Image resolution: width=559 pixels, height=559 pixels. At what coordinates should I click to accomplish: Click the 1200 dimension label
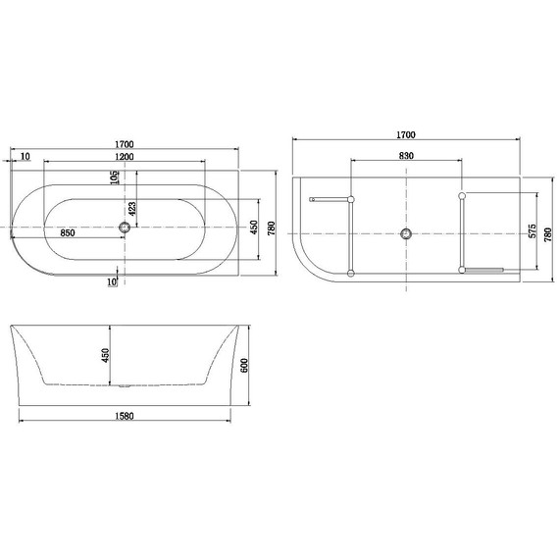[x=123, y=157]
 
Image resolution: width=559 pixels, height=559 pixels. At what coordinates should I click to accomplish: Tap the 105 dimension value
[x=116, y=178]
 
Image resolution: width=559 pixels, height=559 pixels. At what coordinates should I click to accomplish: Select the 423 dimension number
[x=130, y=208]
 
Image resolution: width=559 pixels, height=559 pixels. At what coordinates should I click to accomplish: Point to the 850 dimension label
[x=69, y=233]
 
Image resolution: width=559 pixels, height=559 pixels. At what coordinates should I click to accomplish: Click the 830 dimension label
[x=406, y=157]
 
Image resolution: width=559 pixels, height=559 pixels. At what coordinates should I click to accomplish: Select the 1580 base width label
[x=124, y=416]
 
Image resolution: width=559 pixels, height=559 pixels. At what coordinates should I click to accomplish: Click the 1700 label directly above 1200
[x=123, y=145]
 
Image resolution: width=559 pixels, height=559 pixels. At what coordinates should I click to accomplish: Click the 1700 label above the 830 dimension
[x=406, y=134]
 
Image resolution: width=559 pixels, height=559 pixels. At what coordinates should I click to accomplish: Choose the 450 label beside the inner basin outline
[x=252, y=228]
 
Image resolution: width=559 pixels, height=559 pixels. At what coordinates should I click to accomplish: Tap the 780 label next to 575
[x=548, y=232]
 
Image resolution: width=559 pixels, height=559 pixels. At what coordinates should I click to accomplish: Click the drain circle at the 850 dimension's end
[x=124, y=228]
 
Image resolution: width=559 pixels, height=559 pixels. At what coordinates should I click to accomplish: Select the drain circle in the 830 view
[x=406, y=233]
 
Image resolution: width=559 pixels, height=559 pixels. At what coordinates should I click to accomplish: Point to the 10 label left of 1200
[x=24, y=157]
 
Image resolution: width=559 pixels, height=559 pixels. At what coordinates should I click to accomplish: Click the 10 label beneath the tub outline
[x=113, y=282]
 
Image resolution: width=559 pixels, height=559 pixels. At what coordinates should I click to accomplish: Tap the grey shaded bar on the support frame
[x=483, y=269]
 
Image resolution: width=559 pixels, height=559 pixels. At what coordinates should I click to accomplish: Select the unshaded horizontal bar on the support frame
[x=330, y=199]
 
